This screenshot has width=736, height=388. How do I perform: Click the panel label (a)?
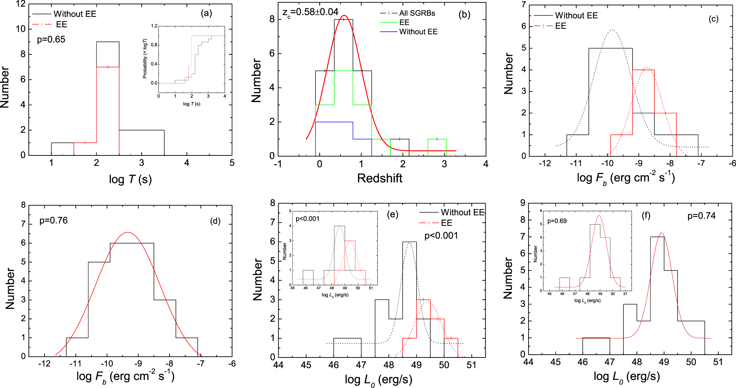(x=206, y=13)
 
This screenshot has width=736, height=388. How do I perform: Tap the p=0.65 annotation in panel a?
(x=51, y=40)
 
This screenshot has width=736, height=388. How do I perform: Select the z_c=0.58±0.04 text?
(x=310, y=12)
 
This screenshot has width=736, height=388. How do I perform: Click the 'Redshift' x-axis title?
(x=380, y=178)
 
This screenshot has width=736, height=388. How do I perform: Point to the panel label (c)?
(x=713, y=19)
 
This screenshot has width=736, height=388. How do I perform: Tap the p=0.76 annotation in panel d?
(x=53, y=221)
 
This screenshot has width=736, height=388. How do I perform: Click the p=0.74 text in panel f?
(x=701, y=216)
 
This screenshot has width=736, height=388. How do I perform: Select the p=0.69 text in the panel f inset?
(x=557, y=221)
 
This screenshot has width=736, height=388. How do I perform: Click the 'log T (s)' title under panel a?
(x=130, y=180)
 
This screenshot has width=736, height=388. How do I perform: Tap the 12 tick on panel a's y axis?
(x=21, y=4)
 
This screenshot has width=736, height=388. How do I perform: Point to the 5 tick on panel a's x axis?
(x=232, y=163)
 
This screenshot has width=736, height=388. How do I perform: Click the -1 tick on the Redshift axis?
(x=278, y=164)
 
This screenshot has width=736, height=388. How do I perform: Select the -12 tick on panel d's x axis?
(x=44, y=364)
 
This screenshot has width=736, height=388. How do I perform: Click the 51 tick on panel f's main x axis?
(x=718, y=362)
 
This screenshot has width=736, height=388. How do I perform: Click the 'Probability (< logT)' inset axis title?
(x=145, y=58)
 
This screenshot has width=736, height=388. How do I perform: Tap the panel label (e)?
(x=393, y=214)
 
